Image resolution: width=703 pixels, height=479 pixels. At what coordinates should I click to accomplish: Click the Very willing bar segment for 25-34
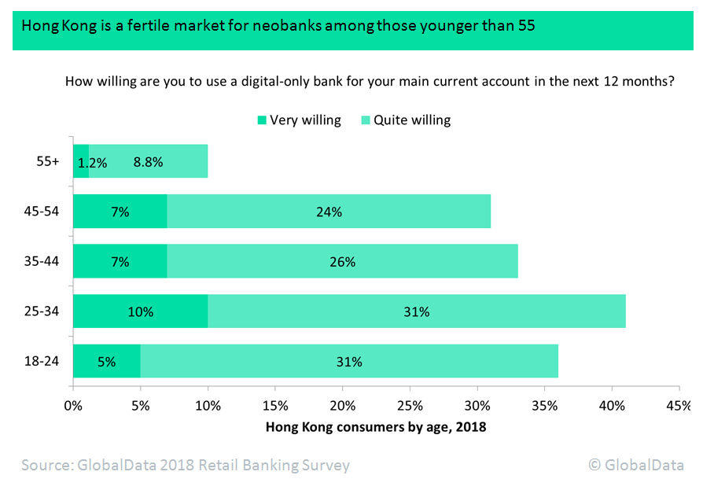140,311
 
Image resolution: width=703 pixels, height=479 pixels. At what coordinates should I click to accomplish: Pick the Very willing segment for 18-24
107,362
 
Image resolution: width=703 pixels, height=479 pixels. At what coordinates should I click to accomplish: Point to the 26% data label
344,262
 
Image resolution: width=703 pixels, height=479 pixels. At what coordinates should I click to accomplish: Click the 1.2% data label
92,164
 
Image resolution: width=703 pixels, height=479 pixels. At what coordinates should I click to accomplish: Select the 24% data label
329,212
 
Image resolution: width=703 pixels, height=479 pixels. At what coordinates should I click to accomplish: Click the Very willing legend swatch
262,120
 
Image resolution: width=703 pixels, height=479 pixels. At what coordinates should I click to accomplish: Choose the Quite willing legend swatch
366,120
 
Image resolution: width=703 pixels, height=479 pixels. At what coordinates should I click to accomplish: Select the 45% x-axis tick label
678,407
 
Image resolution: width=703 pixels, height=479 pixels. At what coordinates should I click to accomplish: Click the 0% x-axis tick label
73,407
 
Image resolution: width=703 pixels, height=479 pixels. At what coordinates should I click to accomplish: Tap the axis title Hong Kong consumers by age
376,427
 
